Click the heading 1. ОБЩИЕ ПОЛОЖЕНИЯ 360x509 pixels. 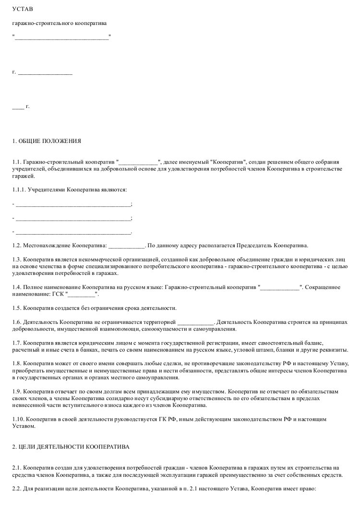47,141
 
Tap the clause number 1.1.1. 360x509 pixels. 18,190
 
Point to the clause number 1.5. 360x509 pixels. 16,308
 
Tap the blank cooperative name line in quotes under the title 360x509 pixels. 62,37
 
